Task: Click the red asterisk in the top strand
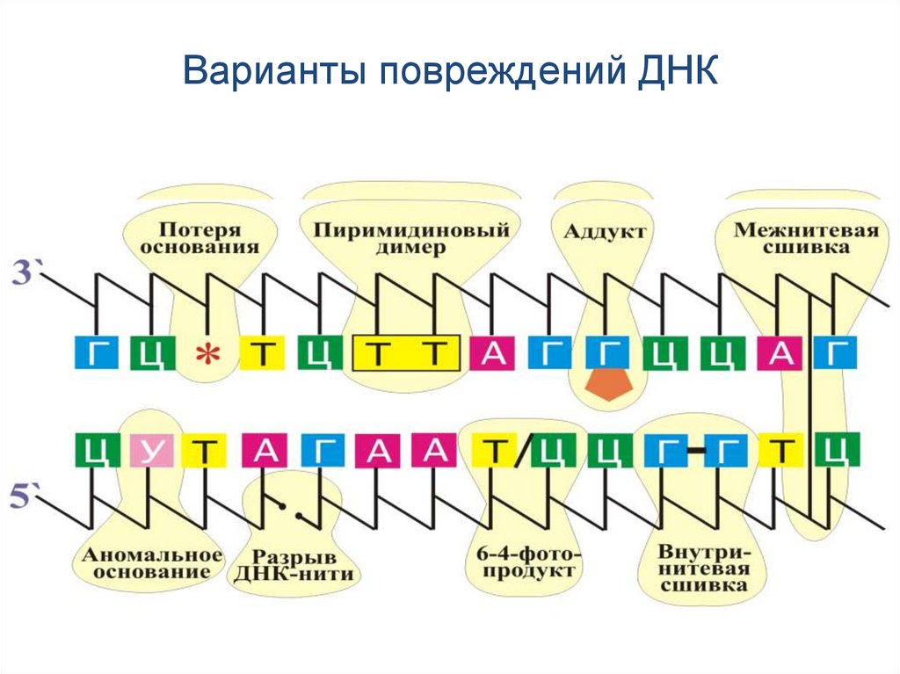(x=207, y=355)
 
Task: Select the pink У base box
(x=149, y=453)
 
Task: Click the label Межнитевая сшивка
(x=807, y=238)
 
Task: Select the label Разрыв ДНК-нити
(x=295, y=566)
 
